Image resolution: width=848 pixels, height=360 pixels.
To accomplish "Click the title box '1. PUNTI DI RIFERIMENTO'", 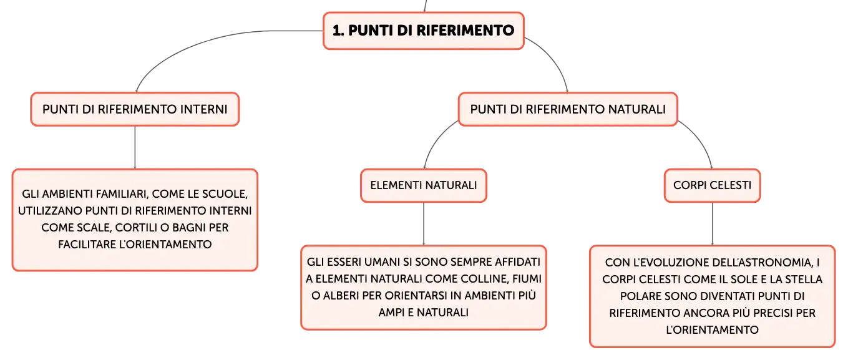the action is [424, 31].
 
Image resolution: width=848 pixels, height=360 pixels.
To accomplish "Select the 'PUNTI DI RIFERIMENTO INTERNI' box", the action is [135, 109].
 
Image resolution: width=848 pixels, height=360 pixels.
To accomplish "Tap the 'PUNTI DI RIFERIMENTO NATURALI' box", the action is [568, 109].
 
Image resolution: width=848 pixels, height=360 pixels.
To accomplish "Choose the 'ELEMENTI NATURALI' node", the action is [424, 185].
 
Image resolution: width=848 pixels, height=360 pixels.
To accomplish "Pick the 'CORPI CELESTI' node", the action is [712, 185].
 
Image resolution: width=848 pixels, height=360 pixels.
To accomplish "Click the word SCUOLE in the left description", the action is [225, 194].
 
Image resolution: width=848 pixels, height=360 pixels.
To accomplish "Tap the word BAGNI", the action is [189, 228].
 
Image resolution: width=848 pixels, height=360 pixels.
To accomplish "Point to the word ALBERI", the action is [341, 296].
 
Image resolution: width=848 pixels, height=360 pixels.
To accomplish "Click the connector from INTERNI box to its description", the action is [135, 147].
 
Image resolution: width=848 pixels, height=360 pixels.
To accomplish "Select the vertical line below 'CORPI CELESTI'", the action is [712, 224].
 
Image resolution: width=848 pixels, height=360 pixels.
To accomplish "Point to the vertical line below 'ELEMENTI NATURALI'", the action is [424, 224].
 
